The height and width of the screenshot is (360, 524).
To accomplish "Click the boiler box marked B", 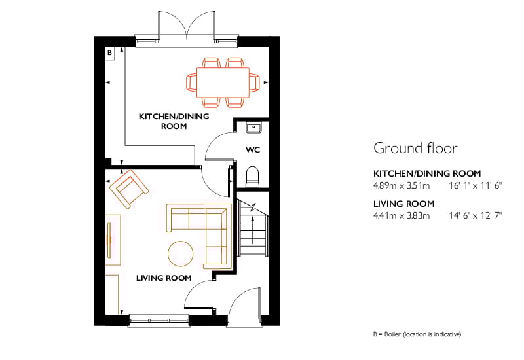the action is tap(109, 53).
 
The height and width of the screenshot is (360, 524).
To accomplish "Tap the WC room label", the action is tap(253, 150).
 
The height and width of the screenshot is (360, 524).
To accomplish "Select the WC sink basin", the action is tap(253, 127).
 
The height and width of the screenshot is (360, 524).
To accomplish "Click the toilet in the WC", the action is tap(253, 176).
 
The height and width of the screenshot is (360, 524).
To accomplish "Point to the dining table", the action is tap(223, 82).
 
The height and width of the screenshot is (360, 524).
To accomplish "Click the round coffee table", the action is tap(181, 253).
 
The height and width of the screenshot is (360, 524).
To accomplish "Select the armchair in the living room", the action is tap(129, 189).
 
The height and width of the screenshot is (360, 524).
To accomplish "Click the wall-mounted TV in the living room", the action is tap(109, 240).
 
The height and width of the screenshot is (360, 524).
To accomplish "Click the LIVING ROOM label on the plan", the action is tap(164, 278).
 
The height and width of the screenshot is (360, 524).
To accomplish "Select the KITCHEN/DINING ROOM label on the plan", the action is tap(174, 121).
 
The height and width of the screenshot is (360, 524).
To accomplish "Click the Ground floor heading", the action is tap(415, 148).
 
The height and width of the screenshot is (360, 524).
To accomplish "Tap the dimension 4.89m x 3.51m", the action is tap(402, 185).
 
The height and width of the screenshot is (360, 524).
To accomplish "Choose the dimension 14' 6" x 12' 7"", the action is tap(476, 215).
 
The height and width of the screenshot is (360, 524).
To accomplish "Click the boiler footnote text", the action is tap(417, 334).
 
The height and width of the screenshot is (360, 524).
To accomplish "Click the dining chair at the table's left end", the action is tap(191, 82).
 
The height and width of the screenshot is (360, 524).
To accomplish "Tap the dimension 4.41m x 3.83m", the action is tap(402, 215).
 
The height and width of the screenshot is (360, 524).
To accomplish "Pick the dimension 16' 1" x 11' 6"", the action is tap(476, 185).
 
